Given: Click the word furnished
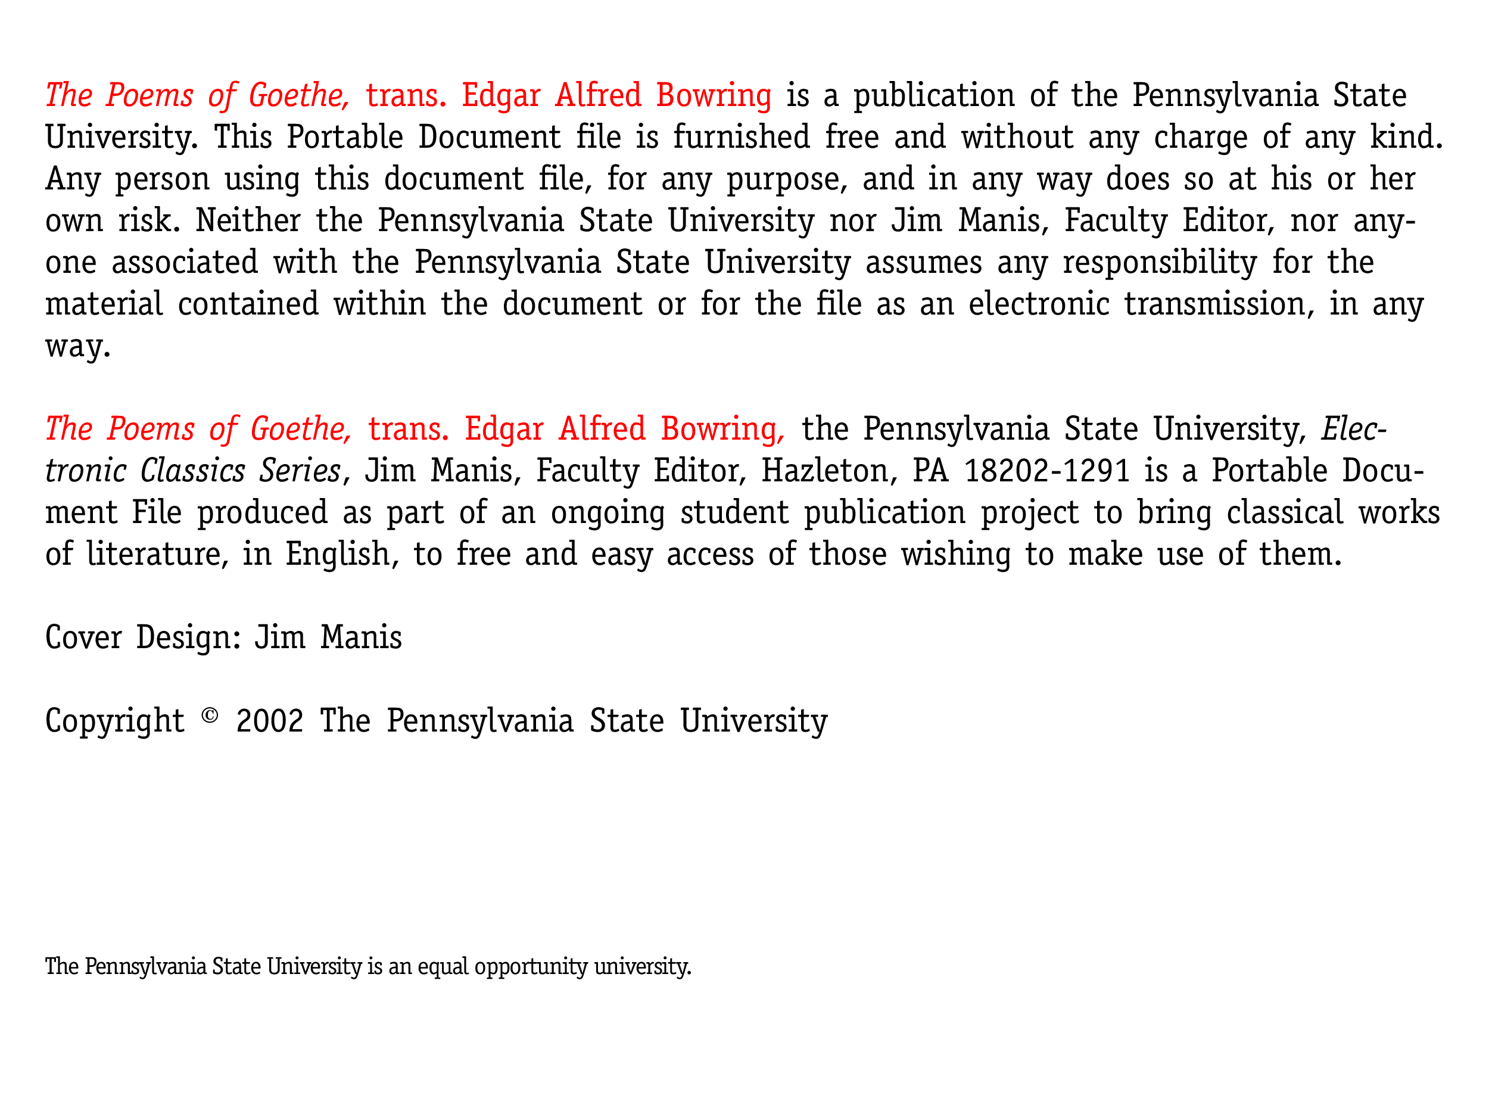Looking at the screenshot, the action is coord(741,136).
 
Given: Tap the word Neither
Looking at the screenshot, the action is coord(248,220).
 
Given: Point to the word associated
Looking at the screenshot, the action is coord(185,262).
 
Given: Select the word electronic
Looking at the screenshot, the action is coord(1039,304).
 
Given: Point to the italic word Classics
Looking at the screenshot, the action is coord(192,471).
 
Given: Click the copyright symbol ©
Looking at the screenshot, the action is coord(210,715).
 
